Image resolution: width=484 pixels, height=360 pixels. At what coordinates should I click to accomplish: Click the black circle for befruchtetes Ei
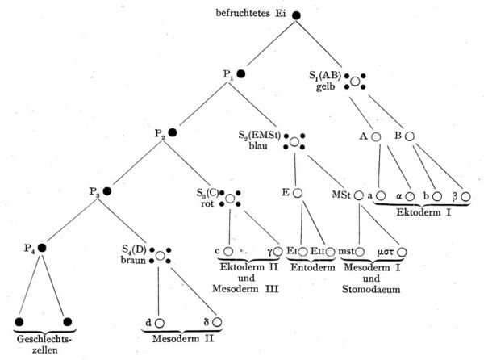coord(296,15)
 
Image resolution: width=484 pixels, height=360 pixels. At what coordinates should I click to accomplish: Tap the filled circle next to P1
coord(241,74)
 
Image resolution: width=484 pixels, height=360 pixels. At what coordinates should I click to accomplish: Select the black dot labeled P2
coord(173,132)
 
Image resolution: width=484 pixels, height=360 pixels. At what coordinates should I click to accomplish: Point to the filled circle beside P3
coord(107,191)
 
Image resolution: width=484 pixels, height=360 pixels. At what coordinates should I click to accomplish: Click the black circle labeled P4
coord(42,248)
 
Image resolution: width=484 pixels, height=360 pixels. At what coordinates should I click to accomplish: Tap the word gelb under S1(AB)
coord(325,86)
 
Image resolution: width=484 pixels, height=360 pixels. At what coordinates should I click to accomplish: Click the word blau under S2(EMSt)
coord(258,145)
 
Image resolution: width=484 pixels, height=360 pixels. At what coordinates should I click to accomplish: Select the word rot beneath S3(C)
coord(207,203)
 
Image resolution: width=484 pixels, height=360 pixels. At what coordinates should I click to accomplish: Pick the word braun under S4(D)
coord(133,260)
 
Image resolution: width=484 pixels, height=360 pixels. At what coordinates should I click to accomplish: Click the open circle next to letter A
coord(376,136)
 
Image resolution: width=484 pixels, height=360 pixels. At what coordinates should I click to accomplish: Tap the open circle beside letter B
coord(409,136)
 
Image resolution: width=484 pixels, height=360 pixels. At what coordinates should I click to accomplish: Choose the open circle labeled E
coord(297,193)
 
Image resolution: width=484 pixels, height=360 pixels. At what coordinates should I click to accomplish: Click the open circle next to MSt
coord(358,195)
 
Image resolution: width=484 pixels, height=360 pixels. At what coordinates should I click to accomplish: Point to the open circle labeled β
coord(465,197)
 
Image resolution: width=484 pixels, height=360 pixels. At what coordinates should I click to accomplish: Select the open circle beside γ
coord(277,252)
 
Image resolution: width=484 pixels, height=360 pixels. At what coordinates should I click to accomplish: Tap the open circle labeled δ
coord(217,322)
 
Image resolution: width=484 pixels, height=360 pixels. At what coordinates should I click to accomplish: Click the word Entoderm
coord(313,267)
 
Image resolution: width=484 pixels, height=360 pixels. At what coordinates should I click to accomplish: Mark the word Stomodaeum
coord(371,289)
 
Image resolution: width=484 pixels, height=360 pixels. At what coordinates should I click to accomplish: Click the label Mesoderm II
coord(183,339)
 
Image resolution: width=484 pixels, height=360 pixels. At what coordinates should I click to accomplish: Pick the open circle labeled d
coord(159,324)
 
